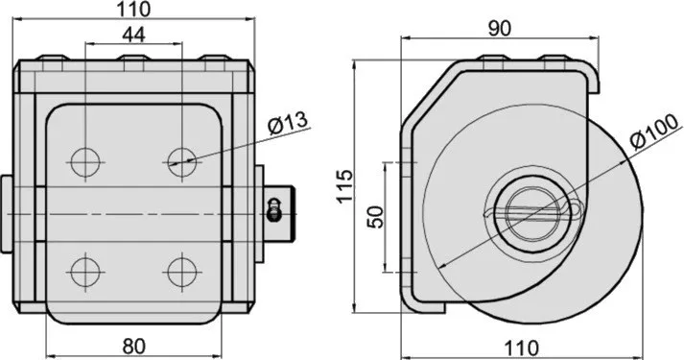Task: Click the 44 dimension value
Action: pos(133,35)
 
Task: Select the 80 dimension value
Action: pos(134,347)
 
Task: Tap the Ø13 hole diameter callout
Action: pos(289,123)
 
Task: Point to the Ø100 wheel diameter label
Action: pos(655,131)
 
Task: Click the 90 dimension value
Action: pos(500,29)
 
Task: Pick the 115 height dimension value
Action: pos(344,186)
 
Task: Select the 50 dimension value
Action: pos(376,217)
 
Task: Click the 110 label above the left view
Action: pos(133,10)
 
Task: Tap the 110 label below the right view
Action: pos(521,348)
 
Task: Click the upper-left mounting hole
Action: pos(85,162)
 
